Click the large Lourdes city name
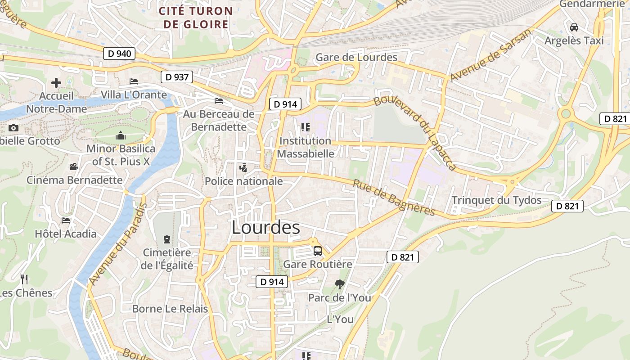tap(265, 228)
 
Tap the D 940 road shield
tap(120, 54)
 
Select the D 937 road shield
tap(177, 77)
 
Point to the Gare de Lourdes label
tap(356, 57)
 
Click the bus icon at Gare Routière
tap(318, 251)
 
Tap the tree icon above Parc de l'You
tap(340, 284)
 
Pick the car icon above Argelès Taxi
tap(574, 27)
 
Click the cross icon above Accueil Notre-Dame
tap(56, 83)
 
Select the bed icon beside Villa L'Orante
tap(134, 81)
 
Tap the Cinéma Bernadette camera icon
tap(74, 167)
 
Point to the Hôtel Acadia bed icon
tap(66, 220)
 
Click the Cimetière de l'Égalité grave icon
tap(167, 239)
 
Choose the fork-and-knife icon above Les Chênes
tap(24, 279)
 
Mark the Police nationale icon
tap(243, 168)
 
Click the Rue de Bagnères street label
tap(393, 198)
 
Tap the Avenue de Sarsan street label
tap(490, 56)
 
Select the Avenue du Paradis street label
tap(118, 243)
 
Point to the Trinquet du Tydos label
tap(496, 200)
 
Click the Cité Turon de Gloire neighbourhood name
tap(196, 18)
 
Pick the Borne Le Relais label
tap(170, 309)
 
